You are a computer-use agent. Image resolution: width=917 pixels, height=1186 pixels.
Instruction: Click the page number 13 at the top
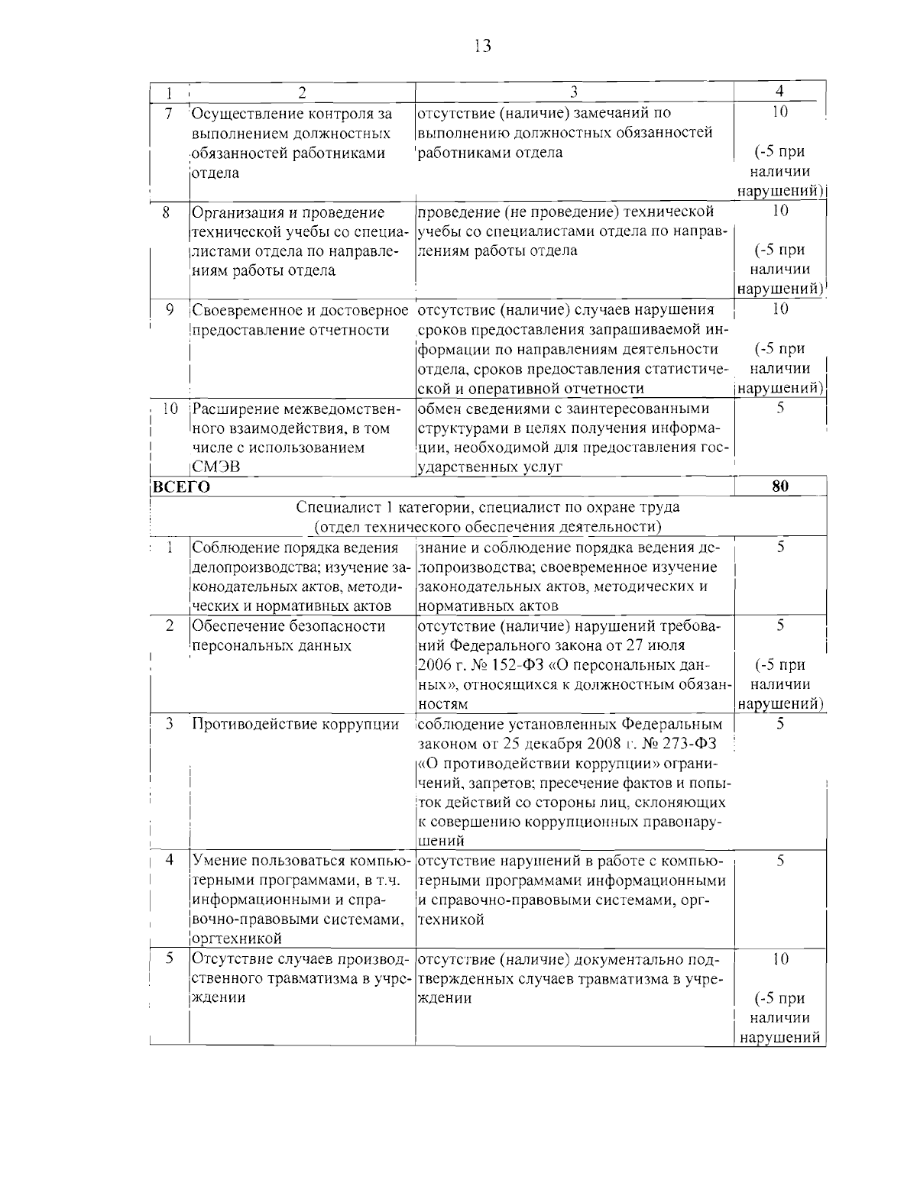click(x=482, y=46)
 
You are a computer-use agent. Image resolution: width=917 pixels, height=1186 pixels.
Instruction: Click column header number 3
click(x=573, y=92)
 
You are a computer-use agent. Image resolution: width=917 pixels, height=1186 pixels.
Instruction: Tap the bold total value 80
click(x=779, y=486)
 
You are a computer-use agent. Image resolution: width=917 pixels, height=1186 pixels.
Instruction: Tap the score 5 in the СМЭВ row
click(x=779, y=408)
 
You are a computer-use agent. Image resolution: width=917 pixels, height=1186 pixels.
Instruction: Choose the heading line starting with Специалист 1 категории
click(x=488, y=507)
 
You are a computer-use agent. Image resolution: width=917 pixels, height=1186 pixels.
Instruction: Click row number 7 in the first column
click(x=168, y=113)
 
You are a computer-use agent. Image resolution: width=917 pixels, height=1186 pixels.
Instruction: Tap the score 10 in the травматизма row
click(x=779, y=958)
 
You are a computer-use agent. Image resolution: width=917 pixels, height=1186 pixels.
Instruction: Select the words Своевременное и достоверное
click(x=300, y=310)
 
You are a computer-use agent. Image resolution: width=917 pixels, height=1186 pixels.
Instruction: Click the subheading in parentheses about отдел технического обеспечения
click(x=488, y=527)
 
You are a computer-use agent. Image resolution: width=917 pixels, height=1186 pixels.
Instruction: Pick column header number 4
click(x=779, y=92)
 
